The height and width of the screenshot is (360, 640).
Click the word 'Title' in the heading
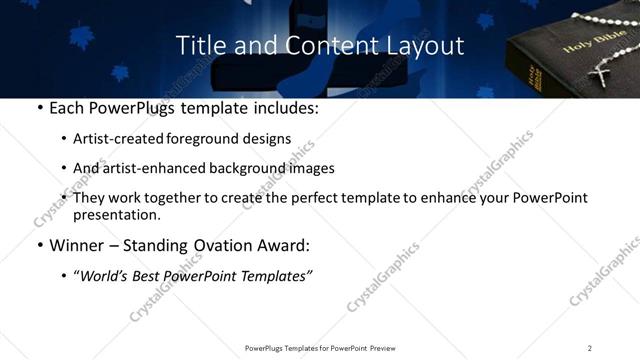click(x=197, y=46)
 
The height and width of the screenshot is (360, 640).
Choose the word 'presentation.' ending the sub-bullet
click(x=117, y=215)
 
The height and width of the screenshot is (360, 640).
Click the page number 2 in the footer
click(x=590, y=348)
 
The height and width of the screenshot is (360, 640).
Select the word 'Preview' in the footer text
click(x=388, y=348)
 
